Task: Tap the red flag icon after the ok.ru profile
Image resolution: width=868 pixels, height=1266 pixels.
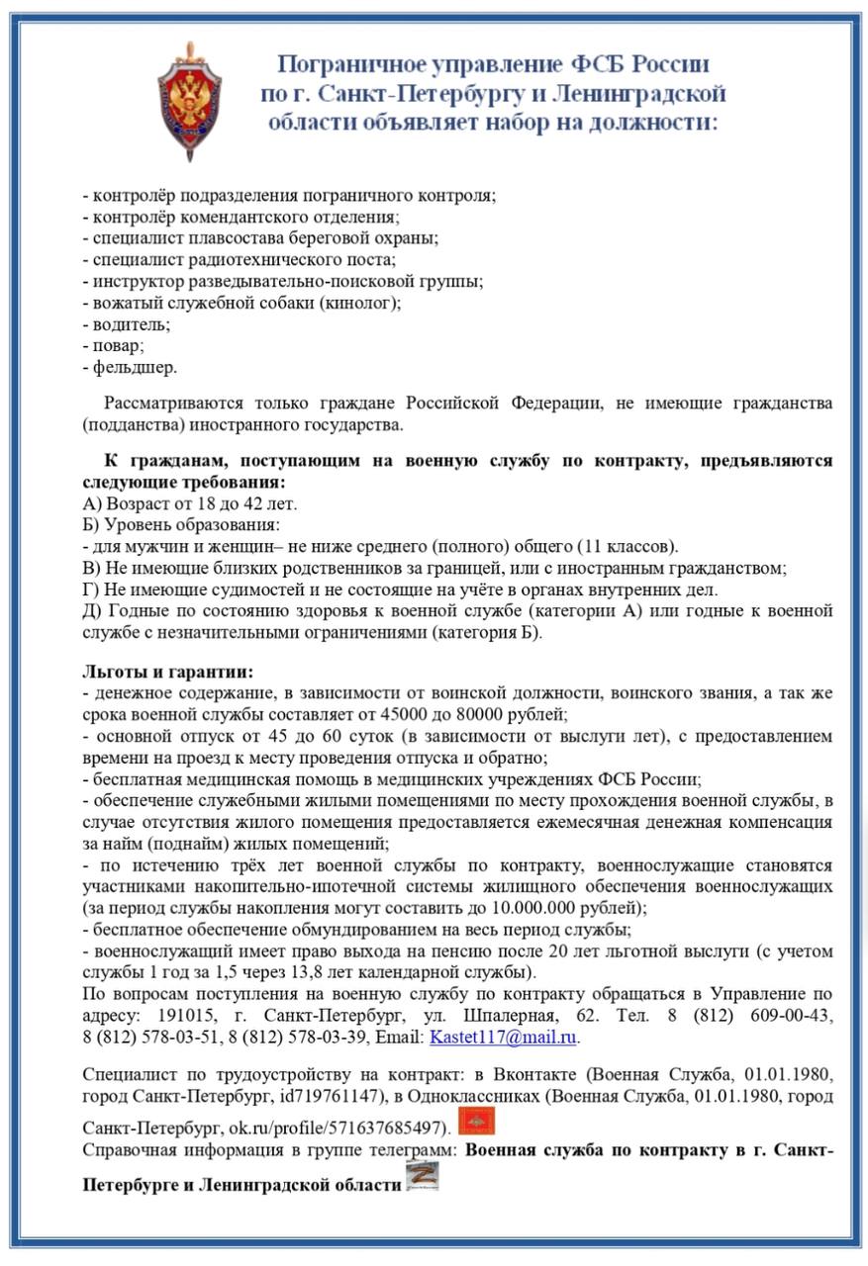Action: point(476,1122)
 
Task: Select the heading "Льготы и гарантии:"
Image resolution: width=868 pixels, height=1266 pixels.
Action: point(168,673)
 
